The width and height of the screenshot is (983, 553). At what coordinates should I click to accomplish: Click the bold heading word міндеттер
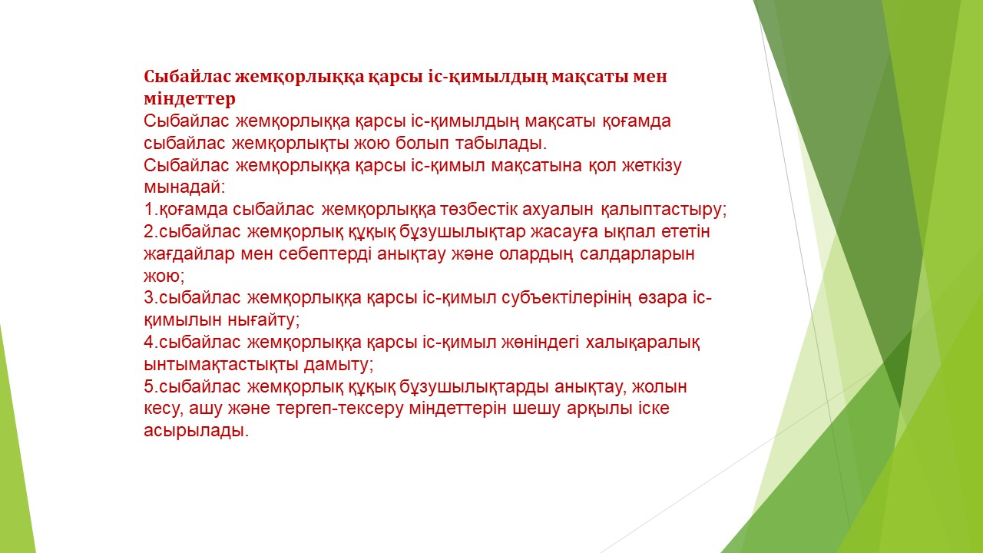[x=190, y=99]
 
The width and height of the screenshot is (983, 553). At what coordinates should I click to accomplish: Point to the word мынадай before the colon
[x=182, y=188]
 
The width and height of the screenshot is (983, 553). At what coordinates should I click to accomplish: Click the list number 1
[x=150, y=210]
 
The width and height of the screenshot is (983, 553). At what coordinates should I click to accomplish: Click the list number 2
[x=150, y=232]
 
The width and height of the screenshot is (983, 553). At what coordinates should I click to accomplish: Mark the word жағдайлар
[x=189, y=254]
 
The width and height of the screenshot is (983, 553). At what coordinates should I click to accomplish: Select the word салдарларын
[x=637, y=254]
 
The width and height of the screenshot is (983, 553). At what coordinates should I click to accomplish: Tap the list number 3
[x=150, y=298]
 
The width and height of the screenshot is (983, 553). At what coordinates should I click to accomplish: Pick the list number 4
[x=150, y=343]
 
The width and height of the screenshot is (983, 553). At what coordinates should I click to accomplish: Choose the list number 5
[x=150, y=387]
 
